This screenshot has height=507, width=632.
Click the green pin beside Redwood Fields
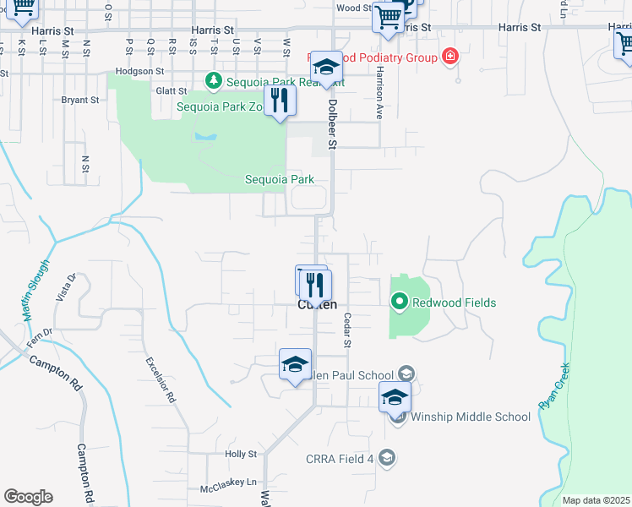coord(399,302)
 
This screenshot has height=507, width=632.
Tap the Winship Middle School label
coord(470,417)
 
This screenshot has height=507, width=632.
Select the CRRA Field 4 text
coord(340,459)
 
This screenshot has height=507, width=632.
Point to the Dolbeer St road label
coord(332,124)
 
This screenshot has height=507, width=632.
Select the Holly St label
coord(241,454)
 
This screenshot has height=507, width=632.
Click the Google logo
coord(28,497)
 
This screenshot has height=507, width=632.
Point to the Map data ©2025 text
coord(596,500)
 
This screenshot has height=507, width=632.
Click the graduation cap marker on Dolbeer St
coord(325,68)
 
